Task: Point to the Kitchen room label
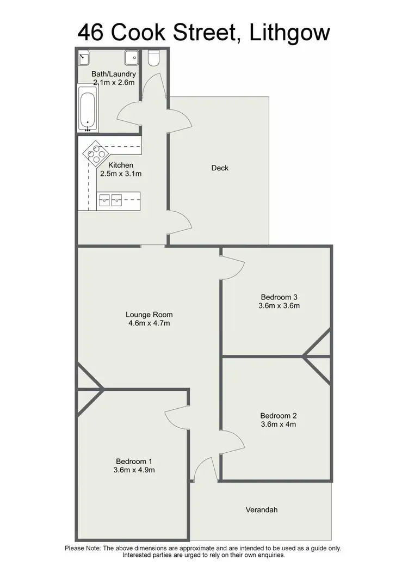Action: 121,165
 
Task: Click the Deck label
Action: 220,168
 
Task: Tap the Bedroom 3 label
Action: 280,297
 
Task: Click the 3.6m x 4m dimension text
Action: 279,425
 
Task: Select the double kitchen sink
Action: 110,200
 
